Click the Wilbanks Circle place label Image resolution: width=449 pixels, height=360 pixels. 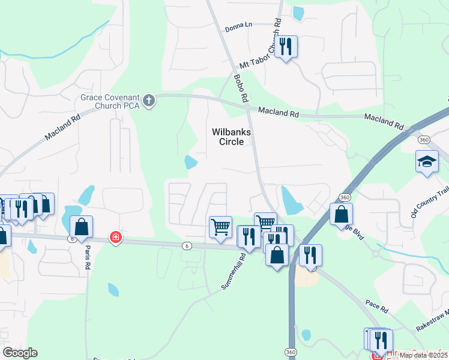click(x=228, y=136)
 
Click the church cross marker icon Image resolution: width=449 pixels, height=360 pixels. click(x=149, y=101)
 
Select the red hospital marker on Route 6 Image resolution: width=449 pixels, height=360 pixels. click(x=115, y=238)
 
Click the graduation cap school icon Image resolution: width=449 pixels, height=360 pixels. click(x=427, y=162)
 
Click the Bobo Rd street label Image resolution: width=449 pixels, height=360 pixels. click(x=241, y=88)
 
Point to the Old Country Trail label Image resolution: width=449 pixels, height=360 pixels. click(x=429, y=201)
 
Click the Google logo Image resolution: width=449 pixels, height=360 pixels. click(x=20, y=353)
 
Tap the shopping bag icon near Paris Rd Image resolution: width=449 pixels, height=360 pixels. click(x=81, y=227)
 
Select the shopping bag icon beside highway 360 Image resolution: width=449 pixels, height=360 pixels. click(x=341, y=214)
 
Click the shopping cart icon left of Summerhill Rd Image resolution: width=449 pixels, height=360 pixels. click(x=220, y=227)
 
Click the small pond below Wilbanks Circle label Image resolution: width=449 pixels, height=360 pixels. click(x=191, y=162)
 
